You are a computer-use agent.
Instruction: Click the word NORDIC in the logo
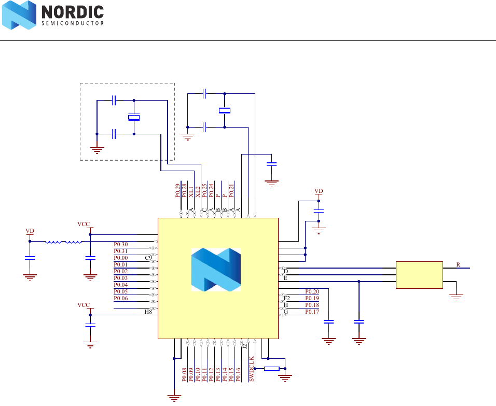tap(72, 12)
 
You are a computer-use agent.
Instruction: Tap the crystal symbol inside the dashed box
tap(134, 118)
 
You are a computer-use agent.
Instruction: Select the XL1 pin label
tap(191, 191)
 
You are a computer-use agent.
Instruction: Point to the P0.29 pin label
tap(177, 191)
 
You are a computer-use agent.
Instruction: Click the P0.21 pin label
tap(231, 190)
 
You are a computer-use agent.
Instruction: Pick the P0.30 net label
tap(120, 244)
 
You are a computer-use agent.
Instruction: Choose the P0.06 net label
tap(120, 298)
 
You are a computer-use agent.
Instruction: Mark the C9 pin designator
tap(148, 258)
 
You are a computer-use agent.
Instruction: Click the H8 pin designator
tap(148, 312)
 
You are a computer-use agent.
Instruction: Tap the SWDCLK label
tap(252, 369)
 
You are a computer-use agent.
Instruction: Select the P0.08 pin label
tap(184, 375)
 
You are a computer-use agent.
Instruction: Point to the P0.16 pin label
tap(238, 375)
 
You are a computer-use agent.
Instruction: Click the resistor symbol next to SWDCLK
tap(271, 369)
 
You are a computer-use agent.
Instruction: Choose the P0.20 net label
tap(312, 291)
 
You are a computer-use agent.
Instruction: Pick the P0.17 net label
tap(312, 312)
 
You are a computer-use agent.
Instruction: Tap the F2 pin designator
tap(286, 298)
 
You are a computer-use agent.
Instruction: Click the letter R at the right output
tap(458, 264)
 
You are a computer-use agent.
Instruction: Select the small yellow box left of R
tap(419, 275)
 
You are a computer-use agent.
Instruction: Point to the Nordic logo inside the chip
tap(216, 269)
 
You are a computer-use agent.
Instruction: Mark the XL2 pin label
tap(198, 191)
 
